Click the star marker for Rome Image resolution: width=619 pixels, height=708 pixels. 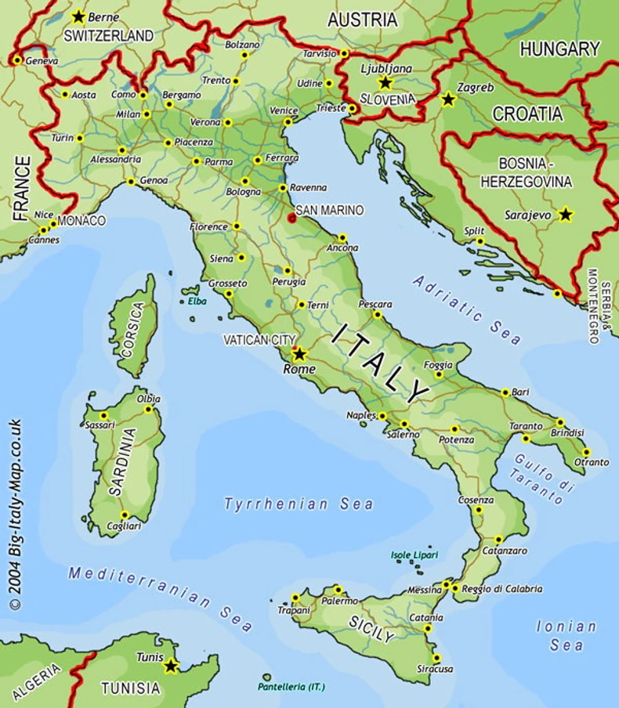coord(299,353)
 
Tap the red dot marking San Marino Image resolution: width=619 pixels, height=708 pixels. coord(292,218)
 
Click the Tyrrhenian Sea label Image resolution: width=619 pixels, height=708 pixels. coord(299,504)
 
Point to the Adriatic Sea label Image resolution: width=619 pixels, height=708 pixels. coord(467,310)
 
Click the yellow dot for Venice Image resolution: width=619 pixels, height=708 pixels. coord(288,122)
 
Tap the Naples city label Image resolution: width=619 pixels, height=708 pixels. coord(361,416)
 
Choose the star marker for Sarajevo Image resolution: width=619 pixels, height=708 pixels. coord(565,214)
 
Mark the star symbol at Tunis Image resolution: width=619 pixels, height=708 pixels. coord(170,666)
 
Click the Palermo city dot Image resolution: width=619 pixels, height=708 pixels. coord(338,590)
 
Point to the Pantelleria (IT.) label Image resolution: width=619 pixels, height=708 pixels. coord(291,687)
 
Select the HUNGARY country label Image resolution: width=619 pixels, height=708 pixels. coord(559,49)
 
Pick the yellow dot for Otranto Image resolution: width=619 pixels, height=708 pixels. coord(585,452)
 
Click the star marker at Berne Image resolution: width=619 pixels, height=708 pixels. coord(78,16)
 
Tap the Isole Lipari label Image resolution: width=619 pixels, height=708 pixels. coord(414,555)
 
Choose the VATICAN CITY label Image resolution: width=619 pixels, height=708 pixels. coord(257,340)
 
